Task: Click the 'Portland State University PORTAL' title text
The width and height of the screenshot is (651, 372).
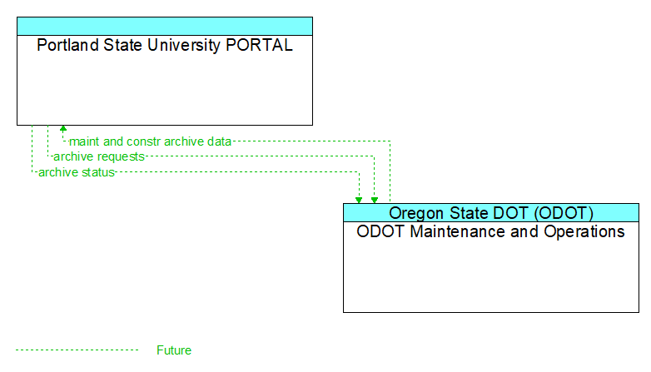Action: (165, 46)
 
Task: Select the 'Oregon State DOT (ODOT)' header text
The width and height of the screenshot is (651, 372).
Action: (491, 212)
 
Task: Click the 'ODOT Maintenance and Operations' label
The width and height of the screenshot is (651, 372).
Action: (490, 231)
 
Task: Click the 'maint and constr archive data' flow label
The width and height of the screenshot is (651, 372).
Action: (150, 141)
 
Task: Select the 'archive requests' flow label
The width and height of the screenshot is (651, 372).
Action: (99, 156)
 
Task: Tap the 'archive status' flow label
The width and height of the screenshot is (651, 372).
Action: (76, 172)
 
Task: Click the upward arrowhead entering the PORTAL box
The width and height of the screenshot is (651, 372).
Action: (63, 130)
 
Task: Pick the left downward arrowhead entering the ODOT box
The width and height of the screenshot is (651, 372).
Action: (359, 199)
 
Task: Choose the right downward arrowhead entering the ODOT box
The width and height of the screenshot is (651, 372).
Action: (375, 199)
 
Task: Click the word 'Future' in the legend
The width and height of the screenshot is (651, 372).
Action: (174, 350)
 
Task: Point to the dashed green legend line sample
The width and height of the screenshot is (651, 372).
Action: (77, 350)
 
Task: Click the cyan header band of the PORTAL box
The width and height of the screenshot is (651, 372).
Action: (165, 26)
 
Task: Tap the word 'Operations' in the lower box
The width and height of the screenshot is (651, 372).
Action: (583, 231)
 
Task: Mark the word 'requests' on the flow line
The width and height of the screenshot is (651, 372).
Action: (121, 156)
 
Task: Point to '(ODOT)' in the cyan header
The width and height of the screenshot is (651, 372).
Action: (564, 212)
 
